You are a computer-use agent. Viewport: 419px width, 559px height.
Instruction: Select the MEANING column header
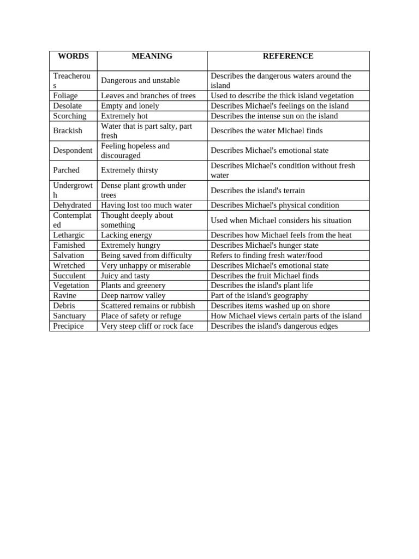pos(152,56)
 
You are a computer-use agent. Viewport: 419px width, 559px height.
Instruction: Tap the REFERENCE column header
pos(288,56)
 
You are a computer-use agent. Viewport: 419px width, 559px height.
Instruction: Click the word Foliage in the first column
pos(65,96)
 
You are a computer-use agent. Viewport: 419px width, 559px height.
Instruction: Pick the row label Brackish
pos(68,130)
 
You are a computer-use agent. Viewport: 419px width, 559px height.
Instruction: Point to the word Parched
pos(66,170)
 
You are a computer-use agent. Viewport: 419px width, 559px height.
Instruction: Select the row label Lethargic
pos(69,235)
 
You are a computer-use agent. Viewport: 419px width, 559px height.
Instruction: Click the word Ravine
pos(64,296)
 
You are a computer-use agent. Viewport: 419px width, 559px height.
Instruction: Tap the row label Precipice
pos(68,326)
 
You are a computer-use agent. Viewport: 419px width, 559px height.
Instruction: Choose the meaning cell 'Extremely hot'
pos(124,116)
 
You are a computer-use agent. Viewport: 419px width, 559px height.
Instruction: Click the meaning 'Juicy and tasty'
pos(125,276)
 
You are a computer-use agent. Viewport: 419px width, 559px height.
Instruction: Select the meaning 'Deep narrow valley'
pos(133,296)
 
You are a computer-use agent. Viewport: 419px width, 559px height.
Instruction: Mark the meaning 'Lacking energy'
pos(127,235)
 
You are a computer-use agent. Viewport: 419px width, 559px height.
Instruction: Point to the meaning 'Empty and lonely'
pos(130,106)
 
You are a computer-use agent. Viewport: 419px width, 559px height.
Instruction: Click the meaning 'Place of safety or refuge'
pos(141,316)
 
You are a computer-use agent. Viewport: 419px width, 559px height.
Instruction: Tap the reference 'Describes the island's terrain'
pos(258,191)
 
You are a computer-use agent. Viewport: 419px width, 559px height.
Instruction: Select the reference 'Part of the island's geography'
pos(259,296)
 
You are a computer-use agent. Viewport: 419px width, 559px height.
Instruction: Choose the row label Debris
pos(64,306)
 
